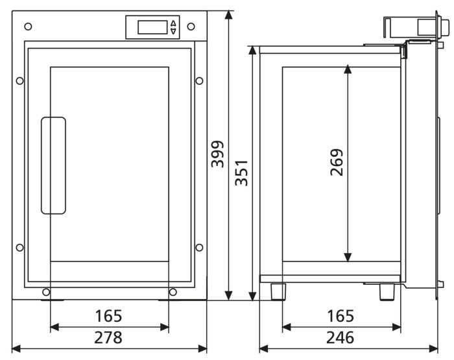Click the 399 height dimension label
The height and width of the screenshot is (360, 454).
(x=218, y=154)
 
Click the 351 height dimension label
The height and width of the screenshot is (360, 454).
(x=241, y=173)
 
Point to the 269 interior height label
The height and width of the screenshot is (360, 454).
(x=337, y=162)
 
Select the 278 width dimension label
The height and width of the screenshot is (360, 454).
(x=108, y=337)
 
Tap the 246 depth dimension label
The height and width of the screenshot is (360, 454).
(x=340, y=337)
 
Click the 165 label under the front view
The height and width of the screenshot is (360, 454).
(x=108, y=316)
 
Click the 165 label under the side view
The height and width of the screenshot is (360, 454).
(x=340, y=316)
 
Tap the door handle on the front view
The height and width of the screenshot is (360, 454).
(x=54, y=165)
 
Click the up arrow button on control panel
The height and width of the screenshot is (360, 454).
(x=173, y=23)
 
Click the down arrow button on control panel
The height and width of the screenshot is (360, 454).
(x=173, y=31)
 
